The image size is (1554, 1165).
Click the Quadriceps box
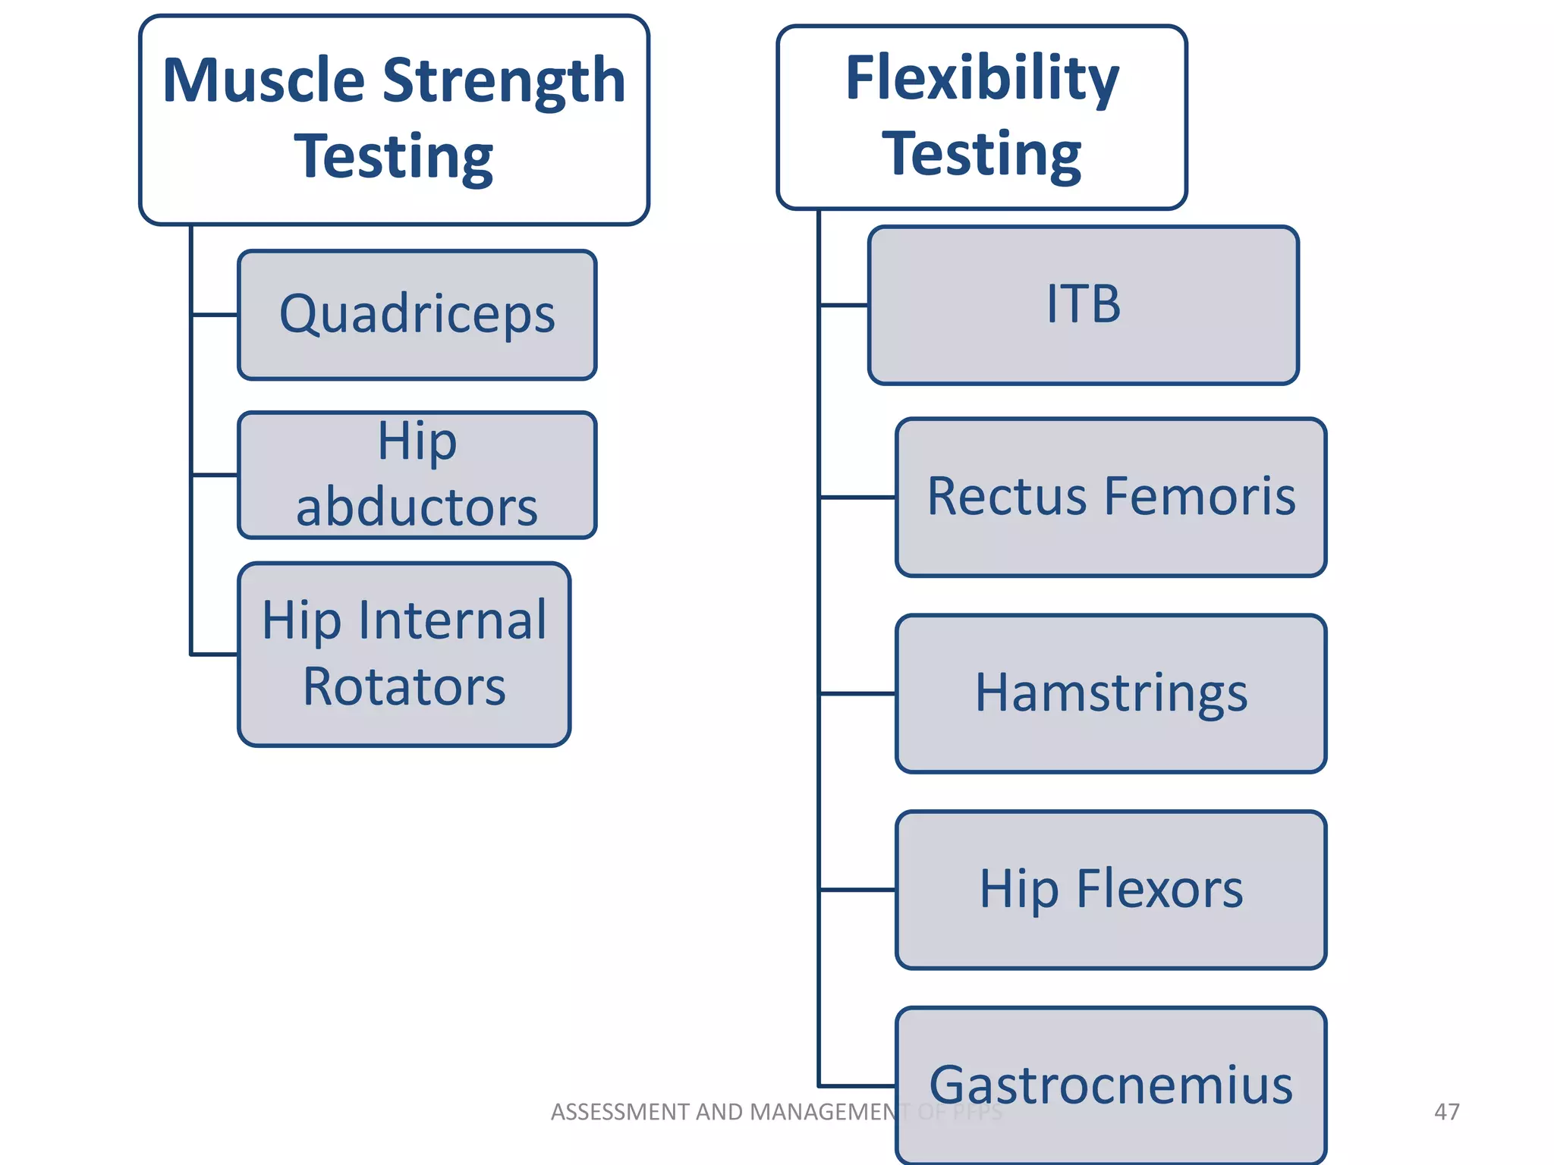(x=417, y=314)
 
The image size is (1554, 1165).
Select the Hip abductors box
(x=417, y=475)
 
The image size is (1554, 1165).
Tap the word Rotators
(x=404, y=687)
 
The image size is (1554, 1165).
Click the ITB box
(x=1083, y=305)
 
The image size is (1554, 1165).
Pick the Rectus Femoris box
(x=1110, y=497)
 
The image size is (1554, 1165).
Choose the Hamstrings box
(x=1110, y=693)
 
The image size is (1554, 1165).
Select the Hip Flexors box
(x=1110, y=889)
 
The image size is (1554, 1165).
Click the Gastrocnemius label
(x=1110, y=1085)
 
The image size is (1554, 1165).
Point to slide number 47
(x=1446, y=1112)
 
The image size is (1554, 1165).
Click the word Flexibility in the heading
(x=982, y=79)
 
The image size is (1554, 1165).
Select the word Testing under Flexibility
(x=982, y=155)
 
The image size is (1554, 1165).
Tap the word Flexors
(x=1159, y=889)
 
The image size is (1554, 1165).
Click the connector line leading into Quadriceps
(x=215, y=314)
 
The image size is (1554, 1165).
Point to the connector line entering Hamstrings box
(x=857, y=693)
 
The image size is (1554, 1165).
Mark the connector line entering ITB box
(x=844, y=305)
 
